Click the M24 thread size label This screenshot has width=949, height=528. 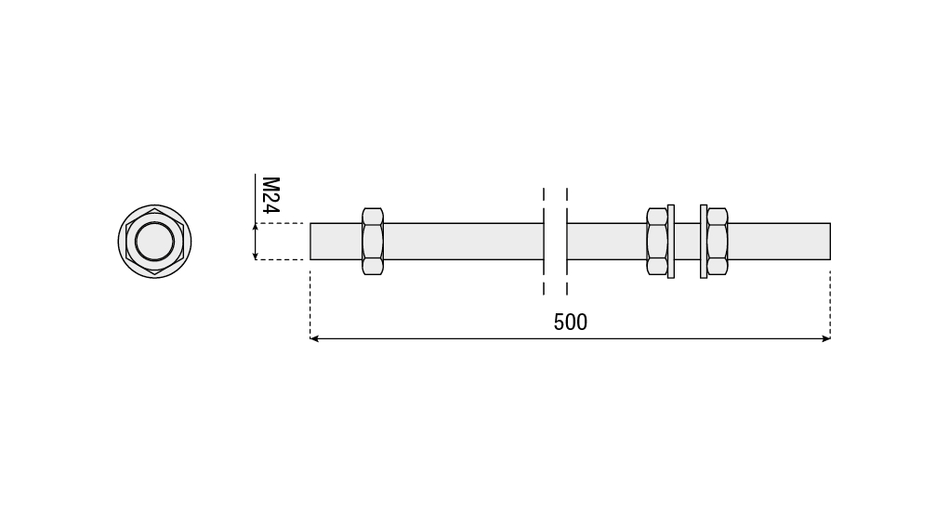tap(270, 195)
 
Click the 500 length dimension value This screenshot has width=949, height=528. tap(570, 323)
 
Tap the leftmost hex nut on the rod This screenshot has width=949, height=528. tap(373, 241)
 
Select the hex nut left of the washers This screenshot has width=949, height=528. tap(656, 241)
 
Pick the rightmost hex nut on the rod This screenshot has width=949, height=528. tap(718, 241)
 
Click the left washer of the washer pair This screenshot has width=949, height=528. tap(670, 241)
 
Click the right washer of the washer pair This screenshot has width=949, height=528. tap(704, 241)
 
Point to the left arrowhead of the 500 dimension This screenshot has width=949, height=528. tap(313, 338)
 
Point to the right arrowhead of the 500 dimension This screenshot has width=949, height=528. tap(826, 338)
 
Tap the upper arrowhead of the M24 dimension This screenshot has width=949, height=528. tap(256, 227)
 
